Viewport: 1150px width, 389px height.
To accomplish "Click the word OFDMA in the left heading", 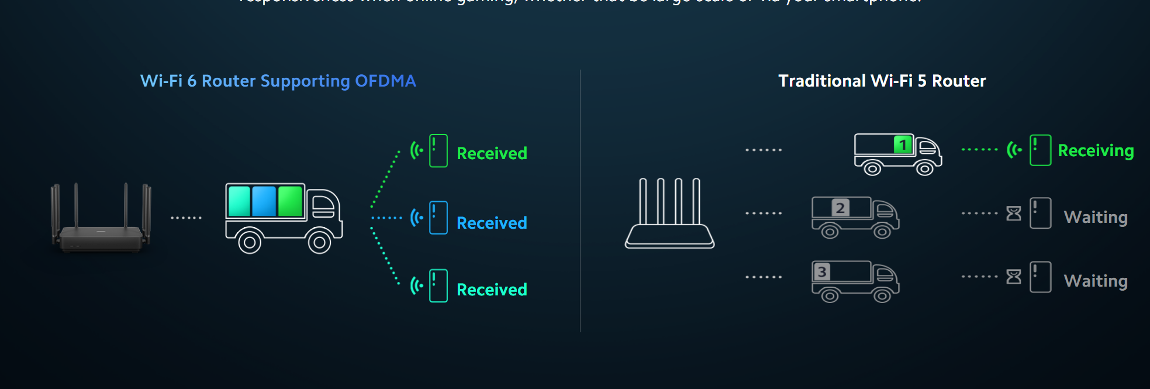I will point(385,81).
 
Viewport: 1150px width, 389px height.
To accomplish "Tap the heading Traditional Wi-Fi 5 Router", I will point(882,81).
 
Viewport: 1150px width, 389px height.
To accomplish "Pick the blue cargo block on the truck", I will point(264,201).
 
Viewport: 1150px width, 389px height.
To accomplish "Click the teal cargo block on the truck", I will point(239,201).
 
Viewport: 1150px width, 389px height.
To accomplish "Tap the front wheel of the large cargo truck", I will point(319,242).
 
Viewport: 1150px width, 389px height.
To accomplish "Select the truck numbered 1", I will point(897,154).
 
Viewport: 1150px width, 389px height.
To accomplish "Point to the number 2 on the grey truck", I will point(840,208).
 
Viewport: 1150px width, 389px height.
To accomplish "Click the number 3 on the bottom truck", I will point(822,271).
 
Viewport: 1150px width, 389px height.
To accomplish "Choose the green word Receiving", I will point(1096,151).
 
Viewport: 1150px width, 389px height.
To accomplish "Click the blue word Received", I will point(492,223).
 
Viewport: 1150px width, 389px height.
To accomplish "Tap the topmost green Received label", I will point(492,153).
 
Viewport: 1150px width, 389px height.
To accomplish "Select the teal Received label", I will point(492,290).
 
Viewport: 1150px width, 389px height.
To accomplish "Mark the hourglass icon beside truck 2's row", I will point(1014,214).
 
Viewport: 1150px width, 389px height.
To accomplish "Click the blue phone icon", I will point(438,218).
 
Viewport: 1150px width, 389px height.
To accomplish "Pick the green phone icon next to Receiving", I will point(1040,150).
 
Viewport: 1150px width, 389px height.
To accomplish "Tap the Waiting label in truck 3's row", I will point(1096,281).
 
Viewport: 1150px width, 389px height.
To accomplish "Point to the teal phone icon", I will point(438,285).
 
